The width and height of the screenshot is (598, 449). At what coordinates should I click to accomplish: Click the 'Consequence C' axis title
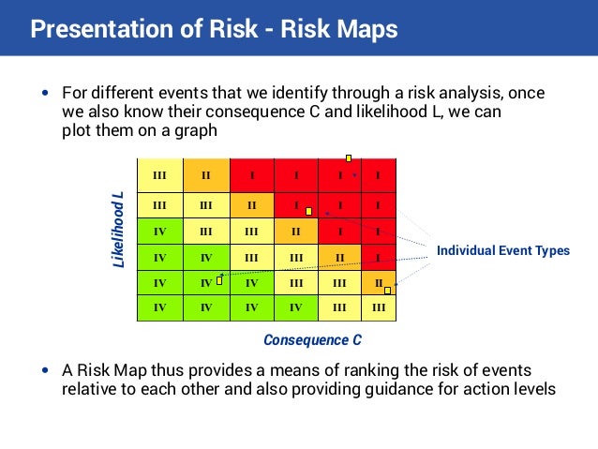(x=312, y=340)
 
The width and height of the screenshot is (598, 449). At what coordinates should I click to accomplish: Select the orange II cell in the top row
(x=205, y=174)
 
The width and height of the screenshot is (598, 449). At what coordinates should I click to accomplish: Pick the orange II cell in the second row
(x=251, y=205)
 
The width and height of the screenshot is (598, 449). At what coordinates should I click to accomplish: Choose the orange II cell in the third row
(x=296, y=231)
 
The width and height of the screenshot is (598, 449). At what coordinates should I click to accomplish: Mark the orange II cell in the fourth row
(x=339, y=257)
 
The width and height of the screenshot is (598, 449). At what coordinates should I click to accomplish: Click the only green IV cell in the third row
(x=159, y=231)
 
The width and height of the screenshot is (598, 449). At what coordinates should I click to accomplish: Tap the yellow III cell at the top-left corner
(x=159, y=174)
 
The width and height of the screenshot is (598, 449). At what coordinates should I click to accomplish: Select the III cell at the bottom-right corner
(x=379, y=307)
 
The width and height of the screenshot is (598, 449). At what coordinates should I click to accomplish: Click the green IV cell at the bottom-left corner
(x=159, y=307)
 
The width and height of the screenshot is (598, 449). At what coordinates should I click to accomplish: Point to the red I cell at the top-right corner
(x=378, y=174)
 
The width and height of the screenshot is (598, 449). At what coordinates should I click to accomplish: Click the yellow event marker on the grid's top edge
(x=349, y=158)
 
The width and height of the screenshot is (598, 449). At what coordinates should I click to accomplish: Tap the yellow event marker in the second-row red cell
(x=308, y=211)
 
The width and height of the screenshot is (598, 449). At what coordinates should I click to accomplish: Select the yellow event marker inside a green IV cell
(x=219, y=279)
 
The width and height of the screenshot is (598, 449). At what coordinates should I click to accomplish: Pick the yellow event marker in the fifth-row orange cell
(x=387, y=291)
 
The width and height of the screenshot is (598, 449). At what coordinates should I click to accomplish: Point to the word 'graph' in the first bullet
(x=196, y=131)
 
